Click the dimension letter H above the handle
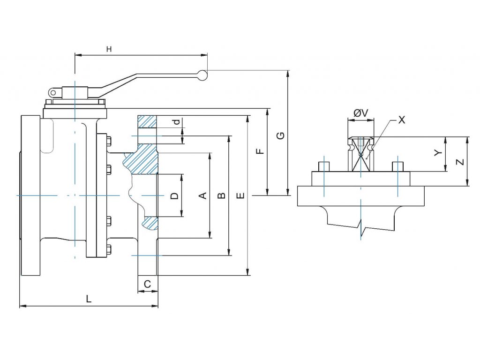click(x=109, y=49)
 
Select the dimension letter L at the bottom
click(x=89, y=299)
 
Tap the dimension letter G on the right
click(x=280, y=136)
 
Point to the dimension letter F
click(x=261, y=151)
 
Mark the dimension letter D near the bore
click(x=174, y=195)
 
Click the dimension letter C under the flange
click(x=147, y=284)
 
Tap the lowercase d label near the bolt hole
click(x=176, y=122)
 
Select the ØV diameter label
click(x=361, y=112)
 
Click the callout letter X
click(x=401, y=120)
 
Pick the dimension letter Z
click(x=460, y=162)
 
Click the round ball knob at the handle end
click(x=202, y=75)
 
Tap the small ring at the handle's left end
click(x=53, y=92)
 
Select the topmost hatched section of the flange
click(x=147, y=121)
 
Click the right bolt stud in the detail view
click(x=397, y=166)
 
